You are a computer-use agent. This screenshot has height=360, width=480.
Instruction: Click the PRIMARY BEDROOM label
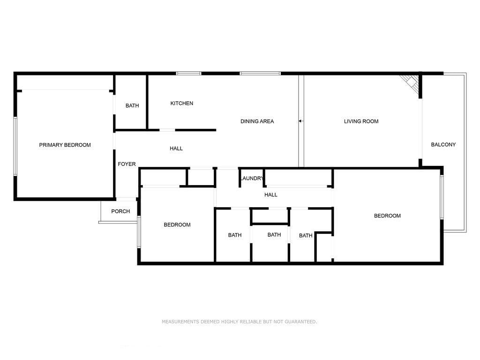(65, 145)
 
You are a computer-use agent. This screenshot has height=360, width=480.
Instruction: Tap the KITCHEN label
(181, 104)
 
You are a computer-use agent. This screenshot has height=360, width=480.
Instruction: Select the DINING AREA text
(257, 121)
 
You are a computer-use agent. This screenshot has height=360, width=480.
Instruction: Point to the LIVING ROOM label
(361, 121)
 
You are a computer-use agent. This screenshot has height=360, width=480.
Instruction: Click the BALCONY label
(443, 145)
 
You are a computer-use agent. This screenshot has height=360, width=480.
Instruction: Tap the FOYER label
(127, 164)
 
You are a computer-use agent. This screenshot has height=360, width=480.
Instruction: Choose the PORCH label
(120, 211)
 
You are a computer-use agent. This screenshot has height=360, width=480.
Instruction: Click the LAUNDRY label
(252, 179)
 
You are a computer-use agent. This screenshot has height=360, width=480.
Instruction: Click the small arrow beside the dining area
(300, 121)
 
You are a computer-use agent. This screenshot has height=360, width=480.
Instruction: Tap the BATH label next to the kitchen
(132, 106)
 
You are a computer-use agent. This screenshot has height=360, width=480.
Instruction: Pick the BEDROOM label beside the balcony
(387, 216)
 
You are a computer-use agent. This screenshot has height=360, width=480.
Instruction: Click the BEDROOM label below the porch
(177, 225)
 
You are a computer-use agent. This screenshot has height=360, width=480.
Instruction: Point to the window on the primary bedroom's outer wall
(15, 146)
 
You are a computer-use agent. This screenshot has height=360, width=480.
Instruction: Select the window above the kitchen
(188, 73)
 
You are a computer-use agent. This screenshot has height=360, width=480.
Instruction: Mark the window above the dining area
(260, 73)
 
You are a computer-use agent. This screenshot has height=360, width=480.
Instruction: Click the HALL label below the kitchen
(176, 149)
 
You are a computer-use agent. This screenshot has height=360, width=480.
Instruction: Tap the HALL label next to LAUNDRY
(270, 195)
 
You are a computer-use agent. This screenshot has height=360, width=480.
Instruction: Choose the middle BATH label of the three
(274, 235)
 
